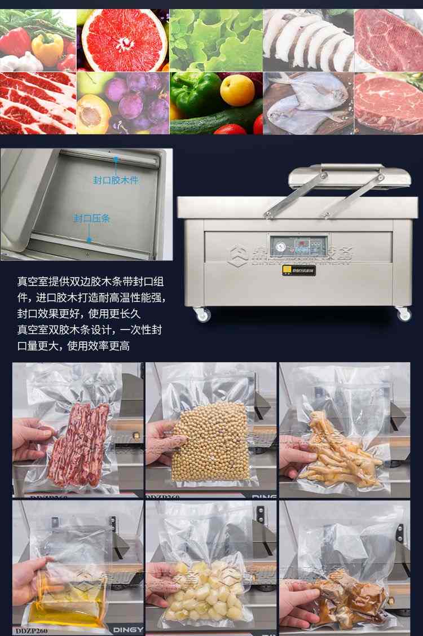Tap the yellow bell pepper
(x=47, y=48)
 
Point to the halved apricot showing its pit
(x=94, y=113)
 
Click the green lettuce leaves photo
(x=216, y=40)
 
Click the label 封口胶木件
(x=116, y=180)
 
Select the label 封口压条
(x=92, y=218)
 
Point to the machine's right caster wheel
(x=403, y=314)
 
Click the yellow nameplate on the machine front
(x=299, y=270)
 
